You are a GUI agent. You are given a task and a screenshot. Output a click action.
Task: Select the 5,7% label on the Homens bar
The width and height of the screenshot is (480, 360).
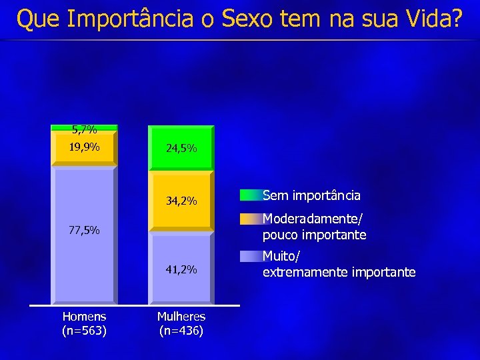(85, 130)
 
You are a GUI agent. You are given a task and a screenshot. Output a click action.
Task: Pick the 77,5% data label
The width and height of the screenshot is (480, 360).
(85, 231)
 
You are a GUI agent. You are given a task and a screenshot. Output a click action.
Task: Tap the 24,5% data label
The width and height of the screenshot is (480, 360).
(181, 148)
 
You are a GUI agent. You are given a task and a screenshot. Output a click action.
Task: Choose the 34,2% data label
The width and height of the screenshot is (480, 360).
(181, 201)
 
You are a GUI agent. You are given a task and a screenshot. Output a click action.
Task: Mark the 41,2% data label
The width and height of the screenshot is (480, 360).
(181, 270)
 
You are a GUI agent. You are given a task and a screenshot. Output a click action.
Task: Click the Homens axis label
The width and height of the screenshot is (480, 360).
(84, 317)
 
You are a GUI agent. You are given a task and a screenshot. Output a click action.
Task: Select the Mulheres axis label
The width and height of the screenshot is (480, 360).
(181, 317)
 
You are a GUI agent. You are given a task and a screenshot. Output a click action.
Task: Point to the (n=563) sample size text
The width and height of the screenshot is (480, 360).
(84, 330)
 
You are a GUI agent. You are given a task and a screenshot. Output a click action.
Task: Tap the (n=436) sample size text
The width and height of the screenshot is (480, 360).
(181, 330)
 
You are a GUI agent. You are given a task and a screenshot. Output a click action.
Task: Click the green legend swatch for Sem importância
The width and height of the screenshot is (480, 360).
(250, 195)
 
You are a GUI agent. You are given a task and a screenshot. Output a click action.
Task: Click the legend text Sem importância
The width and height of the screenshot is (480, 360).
(311, 196)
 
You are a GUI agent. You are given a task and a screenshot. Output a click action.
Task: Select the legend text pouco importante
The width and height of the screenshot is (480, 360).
(314, 235)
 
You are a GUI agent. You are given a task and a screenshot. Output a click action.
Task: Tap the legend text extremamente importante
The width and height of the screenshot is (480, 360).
(339, 272)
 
